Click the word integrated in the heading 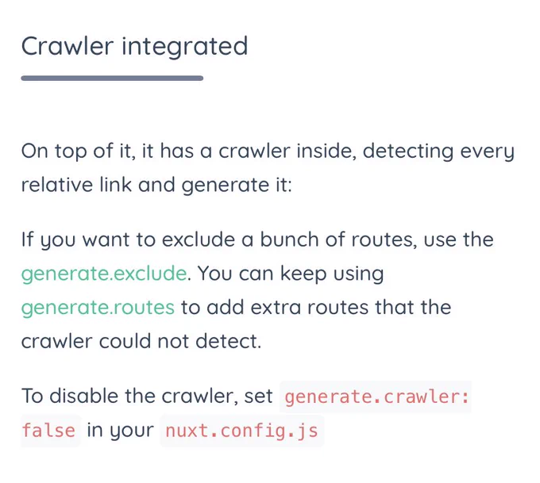(184, 47)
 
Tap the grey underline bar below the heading (112, 78)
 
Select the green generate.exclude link (104, 274)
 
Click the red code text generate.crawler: (376, 397)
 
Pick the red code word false (48, 431)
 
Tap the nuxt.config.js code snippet (241, 431)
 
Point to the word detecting (407, 152)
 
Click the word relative (57, 185)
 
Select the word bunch (289, 239)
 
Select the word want (106, 240)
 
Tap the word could (125, 341)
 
